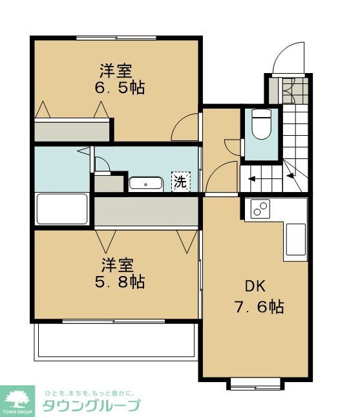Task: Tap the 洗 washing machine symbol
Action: pyautogui.click(x=180, y=182)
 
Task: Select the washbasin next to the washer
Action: pyautogui.click(x=145, y=184)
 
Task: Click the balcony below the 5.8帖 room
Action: pyautogui.click(x=116, y=340)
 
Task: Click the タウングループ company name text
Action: pyautogui.click(x=91, y=406)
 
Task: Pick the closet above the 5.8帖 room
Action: pyautogui.click(x=146, y=211)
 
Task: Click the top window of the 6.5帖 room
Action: pyautogui.click(x=116, y=37)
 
